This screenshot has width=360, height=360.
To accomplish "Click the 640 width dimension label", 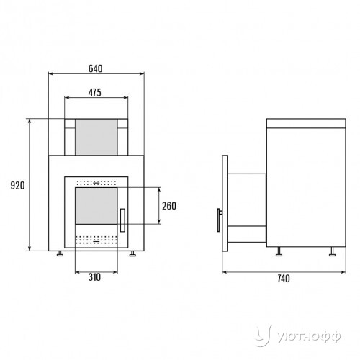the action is click(96, 68).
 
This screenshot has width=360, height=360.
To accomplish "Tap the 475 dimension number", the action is click(95, 93).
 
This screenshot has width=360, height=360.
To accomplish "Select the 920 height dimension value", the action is click(17, 186).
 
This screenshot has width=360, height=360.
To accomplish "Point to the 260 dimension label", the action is click(169, 206).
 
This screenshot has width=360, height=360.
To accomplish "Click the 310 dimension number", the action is click(94, 277).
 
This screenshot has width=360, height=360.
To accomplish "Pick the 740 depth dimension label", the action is click(284, 279).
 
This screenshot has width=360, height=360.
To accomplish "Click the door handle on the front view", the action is click(122, 220).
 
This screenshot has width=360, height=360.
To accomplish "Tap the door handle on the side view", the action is click(219, 220).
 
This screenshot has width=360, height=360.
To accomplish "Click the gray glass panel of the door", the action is click(96, 206).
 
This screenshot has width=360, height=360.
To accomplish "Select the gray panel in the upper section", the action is click(96, 138).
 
